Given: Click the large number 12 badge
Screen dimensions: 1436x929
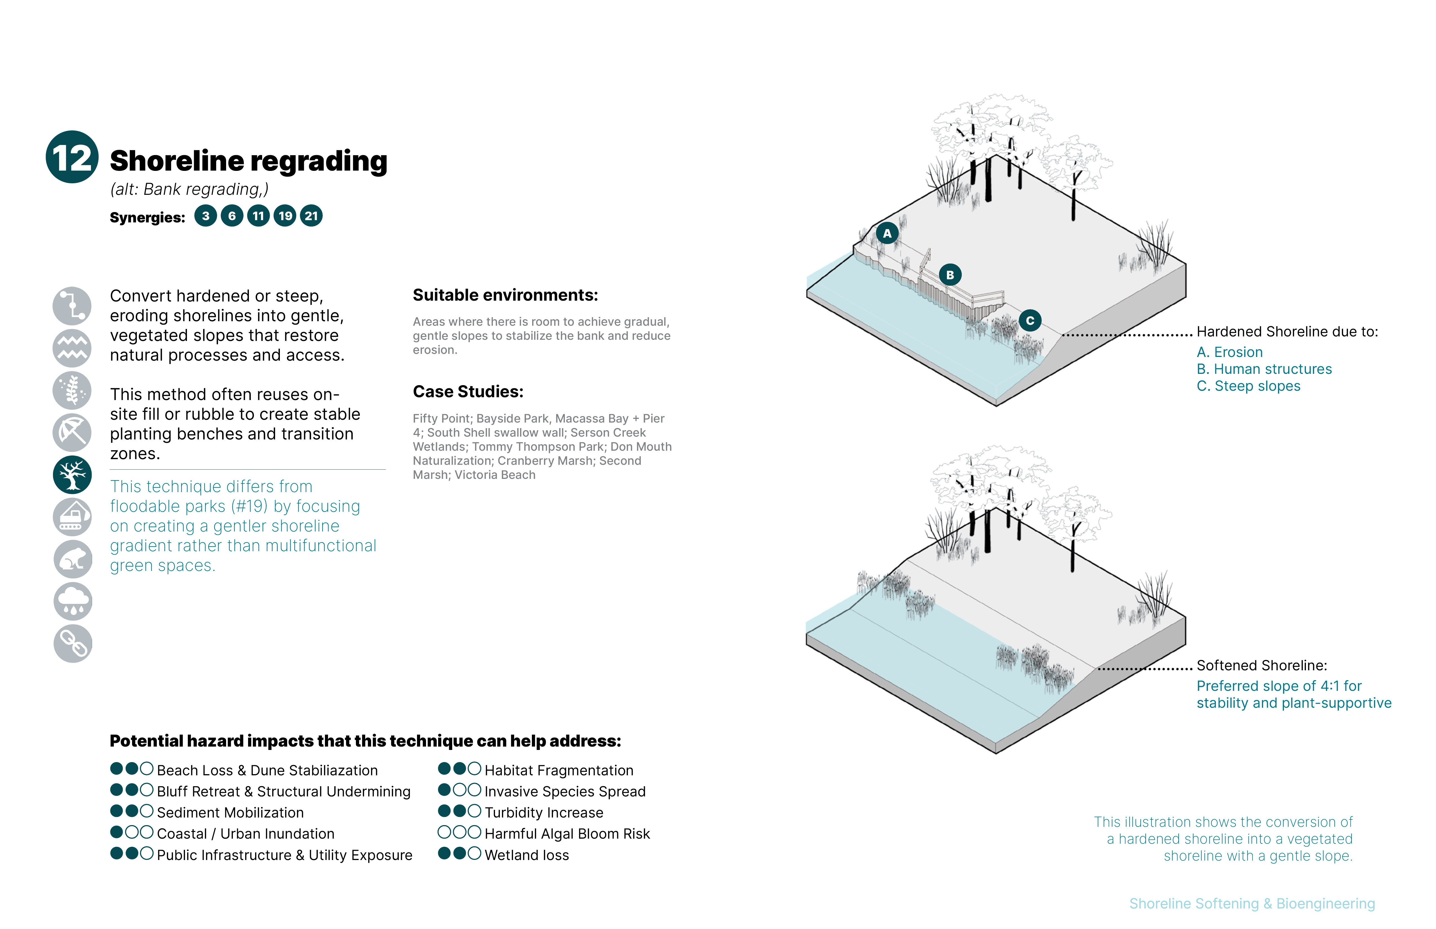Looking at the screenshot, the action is (72, 157).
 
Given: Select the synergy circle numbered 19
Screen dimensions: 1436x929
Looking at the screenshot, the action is (285, 216).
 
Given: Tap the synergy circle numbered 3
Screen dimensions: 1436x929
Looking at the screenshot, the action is (206, 216).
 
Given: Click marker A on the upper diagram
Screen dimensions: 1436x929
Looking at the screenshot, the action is (887, 233).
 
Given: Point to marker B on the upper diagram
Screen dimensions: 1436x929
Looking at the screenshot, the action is (950, 275).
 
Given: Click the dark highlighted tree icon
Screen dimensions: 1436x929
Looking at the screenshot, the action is (72, 475).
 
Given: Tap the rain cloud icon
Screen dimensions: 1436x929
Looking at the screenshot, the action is (72, 601).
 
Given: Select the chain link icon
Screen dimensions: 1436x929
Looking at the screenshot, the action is (72, 644).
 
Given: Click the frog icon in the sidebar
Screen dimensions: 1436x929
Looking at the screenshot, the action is (72, 559).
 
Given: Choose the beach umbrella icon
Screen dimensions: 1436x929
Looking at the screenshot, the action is (72, 432).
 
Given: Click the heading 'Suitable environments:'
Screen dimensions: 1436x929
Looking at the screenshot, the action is (505, 295).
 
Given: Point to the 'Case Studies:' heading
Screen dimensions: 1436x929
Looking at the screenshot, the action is (468, 392).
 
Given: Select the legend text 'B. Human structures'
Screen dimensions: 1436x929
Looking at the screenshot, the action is (1264, 369).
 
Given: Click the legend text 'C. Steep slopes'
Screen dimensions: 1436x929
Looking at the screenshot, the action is (1248, 386).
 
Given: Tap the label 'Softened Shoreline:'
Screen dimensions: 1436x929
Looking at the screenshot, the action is (1262, 666).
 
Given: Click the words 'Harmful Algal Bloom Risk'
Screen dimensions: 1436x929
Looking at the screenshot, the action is (567, 834).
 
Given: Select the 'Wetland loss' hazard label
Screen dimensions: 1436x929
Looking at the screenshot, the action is (527, 855).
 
